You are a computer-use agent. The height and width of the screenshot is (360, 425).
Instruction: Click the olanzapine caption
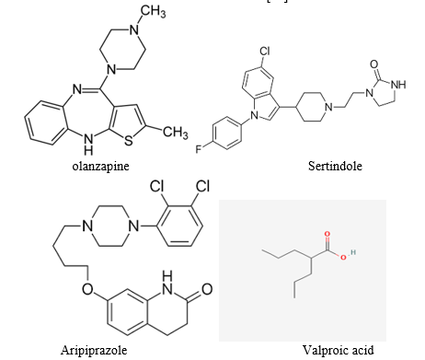[x=100, y=167]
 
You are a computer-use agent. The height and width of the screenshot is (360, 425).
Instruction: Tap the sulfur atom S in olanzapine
[x=129, y=141]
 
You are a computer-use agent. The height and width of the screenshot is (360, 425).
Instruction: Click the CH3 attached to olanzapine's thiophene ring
[x=176, y=132]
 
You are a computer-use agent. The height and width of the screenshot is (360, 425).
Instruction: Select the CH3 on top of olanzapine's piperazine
[x=154, y=12]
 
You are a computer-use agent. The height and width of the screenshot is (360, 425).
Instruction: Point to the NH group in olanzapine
[x=88, y=145]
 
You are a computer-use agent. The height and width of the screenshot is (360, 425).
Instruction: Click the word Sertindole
[x=335, y=166]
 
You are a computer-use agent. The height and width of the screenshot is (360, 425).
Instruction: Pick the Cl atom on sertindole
[x=265, y=51]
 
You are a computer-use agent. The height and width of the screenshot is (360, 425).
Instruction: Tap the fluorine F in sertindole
[x=199, y=149]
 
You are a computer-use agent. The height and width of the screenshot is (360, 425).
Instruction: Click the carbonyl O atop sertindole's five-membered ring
[x=373, y=64]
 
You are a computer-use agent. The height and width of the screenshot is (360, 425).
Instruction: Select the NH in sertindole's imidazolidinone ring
[x=399, y=85]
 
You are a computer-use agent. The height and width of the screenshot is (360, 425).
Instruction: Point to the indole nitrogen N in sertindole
[x=254, y=115]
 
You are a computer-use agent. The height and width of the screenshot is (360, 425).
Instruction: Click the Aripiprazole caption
[x=94, y=350]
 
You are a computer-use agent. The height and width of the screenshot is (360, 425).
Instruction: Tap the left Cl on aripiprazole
[x=157, y=186]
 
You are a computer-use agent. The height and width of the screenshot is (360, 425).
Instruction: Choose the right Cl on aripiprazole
[x=202, y=186]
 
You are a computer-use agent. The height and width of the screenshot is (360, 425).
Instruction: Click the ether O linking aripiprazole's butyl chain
[x=87, y=289]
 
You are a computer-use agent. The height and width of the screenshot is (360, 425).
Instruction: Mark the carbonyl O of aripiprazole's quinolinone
[x=207, y=289]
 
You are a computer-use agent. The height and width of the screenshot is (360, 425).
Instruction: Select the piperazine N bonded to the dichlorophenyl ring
[x=133, y=226]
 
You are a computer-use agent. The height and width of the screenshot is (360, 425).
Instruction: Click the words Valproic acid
[x=339, y=350]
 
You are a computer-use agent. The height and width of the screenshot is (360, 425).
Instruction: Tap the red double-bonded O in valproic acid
[x=327, y=234]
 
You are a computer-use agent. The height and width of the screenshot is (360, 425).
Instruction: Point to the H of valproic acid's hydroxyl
[x=353, y=252]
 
